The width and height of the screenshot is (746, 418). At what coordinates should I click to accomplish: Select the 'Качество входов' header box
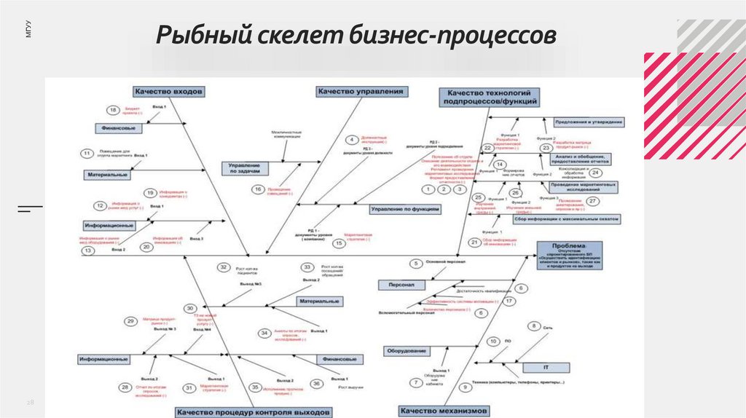click(168, 92)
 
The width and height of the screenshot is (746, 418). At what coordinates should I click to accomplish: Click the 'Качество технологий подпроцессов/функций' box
click(490, 97)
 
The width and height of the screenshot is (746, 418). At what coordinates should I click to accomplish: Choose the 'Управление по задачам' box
click(249, 168)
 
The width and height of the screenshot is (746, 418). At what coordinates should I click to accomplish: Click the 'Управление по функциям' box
click(404, 209)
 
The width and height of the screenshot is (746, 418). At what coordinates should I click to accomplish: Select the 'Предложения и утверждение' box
click(589, 122)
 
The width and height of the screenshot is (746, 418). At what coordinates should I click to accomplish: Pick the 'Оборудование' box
click(407, 351)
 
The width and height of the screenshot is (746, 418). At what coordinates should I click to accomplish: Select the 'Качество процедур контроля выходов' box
click(252, 412)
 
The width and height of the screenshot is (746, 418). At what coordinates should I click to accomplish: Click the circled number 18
click(113, 111)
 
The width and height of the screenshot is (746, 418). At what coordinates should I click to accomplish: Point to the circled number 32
click(224, 268)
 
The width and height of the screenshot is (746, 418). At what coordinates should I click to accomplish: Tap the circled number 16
click(258, 190)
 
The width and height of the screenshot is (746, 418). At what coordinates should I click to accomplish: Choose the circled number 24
click(594, 173)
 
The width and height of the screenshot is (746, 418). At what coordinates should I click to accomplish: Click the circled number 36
click(316, 383)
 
